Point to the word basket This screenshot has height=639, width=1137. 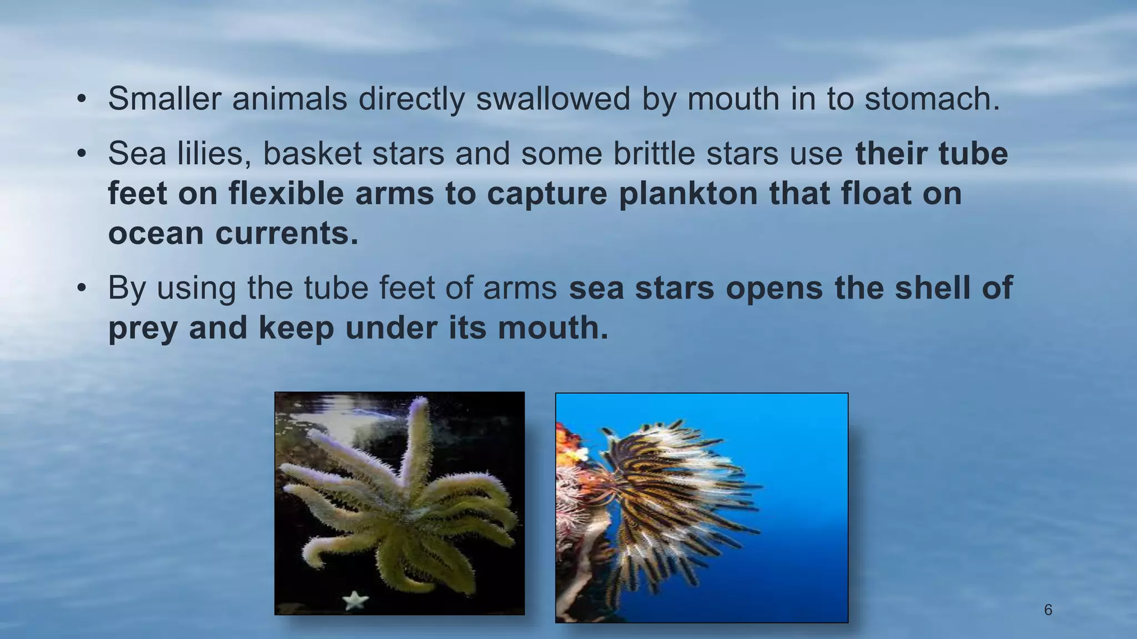point(312,154)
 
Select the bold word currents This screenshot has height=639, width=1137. point(286,234)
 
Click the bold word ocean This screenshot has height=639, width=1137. point(156,234)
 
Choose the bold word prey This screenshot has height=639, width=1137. point(143,328)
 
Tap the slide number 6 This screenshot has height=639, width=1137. point(1048,610)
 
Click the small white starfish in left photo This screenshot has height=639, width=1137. point(355,600)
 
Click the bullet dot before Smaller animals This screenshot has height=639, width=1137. point(82,100)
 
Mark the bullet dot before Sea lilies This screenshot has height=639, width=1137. point(82,154)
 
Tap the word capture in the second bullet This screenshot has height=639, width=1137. point(547,194)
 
